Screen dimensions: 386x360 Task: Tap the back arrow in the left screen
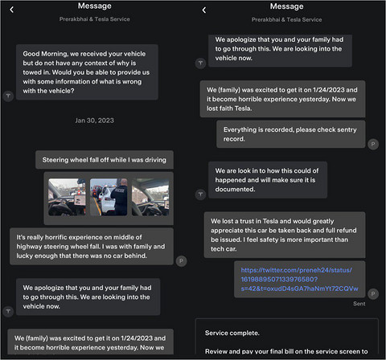[x=12, y=10]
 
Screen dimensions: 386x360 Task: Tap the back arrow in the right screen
[x=204, y=10]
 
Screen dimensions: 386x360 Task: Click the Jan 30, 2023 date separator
[x=94, y=121]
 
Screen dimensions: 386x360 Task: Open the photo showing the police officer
[x=109, y=197]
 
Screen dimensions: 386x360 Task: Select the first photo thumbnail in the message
[x=67, y=197]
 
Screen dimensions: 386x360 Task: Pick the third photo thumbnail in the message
[x=150, y=197]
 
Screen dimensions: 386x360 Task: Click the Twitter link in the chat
[x=299, y=279]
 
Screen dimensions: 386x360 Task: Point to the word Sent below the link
[x=359, y=304]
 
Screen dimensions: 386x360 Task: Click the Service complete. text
[x=232, y=333]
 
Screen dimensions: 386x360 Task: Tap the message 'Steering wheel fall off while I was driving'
[x=105, y=160]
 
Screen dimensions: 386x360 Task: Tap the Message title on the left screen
[x=95, y=6]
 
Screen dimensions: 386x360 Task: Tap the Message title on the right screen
[x=287, y=6]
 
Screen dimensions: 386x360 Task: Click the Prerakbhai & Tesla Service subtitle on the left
[x=95, y=19]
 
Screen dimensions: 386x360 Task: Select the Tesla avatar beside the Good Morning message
[x=8, y=96]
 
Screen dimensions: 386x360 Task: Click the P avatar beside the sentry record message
[x=373, y=145]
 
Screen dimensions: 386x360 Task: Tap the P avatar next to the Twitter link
[x=373, y=294]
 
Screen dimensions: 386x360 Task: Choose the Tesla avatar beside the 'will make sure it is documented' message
[x=200, y=194]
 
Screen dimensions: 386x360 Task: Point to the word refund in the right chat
[x=347, y=231]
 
